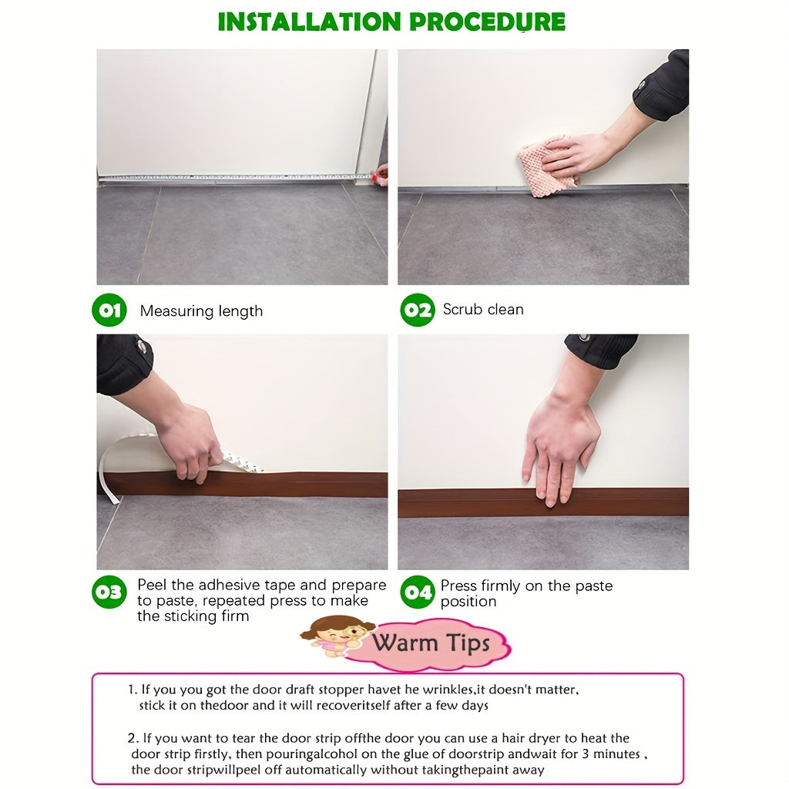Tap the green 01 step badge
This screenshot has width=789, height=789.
109,311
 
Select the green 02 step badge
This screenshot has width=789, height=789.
417,311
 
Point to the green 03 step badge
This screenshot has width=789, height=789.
109,593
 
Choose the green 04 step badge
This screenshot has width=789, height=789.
417,593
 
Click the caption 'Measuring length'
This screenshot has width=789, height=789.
201,311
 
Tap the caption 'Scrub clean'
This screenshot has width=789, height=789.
483,310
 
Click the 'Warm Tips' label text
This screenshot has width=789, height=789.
431,642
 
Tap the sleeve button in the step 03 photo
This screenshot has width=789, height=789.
143,348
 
